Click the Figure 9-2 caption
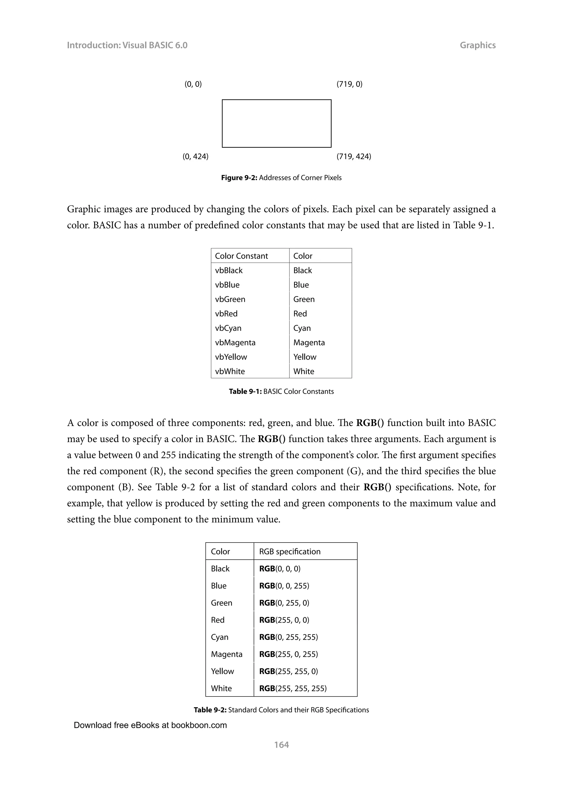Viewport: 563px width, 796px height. pos(281,178)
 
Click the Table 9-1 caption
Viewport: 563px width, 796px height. pos(281,391)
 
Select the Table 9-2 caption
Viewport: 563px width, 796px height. pos(281,710)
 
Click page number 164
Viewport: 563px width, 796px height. pos(281,745)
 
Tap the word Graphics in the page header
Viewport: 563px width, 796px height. pos(478,45)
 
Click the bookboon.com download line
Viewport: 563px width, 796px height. pos(150,725)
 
